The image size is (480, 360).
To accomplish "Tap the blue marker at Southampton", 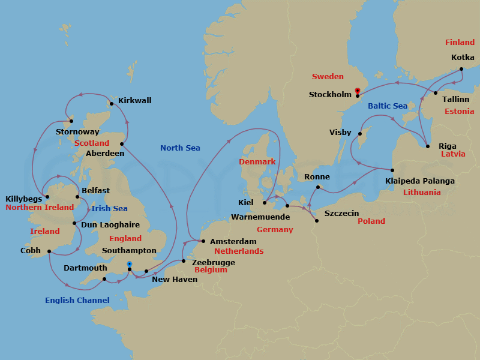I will pyautogui.click(x=130, y=264).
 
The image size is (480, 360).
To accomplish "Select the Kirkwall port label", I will pyautogui.click(x=134, y=100).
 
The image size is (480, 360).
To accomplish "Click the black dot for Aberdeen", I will pyautogui.click(x=122, y=143).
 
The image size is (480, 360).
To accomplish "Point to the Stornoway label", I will pyautogui.click(x=77, y=132).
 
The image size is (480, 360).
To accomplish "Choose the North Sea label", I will pyautogui.click(x=180, y=148).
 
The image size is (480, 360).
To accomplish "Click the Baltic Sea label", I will pyautogui.click(x=388, y=106).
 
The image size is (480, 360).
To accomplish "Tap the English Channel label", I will pyautogui.click(x=77, y=300).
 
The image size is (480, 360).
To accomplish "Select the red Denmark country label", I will pyautogui.click(x=257, y=162).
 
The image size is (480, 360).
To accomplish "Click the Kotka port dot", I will pyautogui.click(x=461, y=69).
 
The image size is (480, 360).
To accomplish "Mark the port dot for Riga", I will pyautogui.click(x=427, y=146).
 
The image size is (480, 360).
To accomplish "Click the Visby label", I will pyautogui.click(x=340, y=132).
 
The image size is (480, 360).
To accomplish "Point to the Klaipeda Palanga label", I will pyautogui.click(x=420, y=181).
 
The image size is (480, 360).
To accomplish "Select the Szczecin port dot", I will pyautogui.click(x=317, y=221).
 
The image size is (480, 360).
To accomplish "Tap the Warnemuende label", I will pyautogui.click(x=265, y=217).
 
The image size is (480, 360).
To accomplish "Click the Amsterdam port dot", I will pyautogui.click(x=203, y=241).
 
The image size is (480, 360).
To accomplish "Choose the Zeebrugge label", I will pyautogui.click(x=214, y=262).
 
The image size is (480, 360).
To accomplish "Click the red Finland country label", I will pyautogui.click(x=460, y=43).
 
